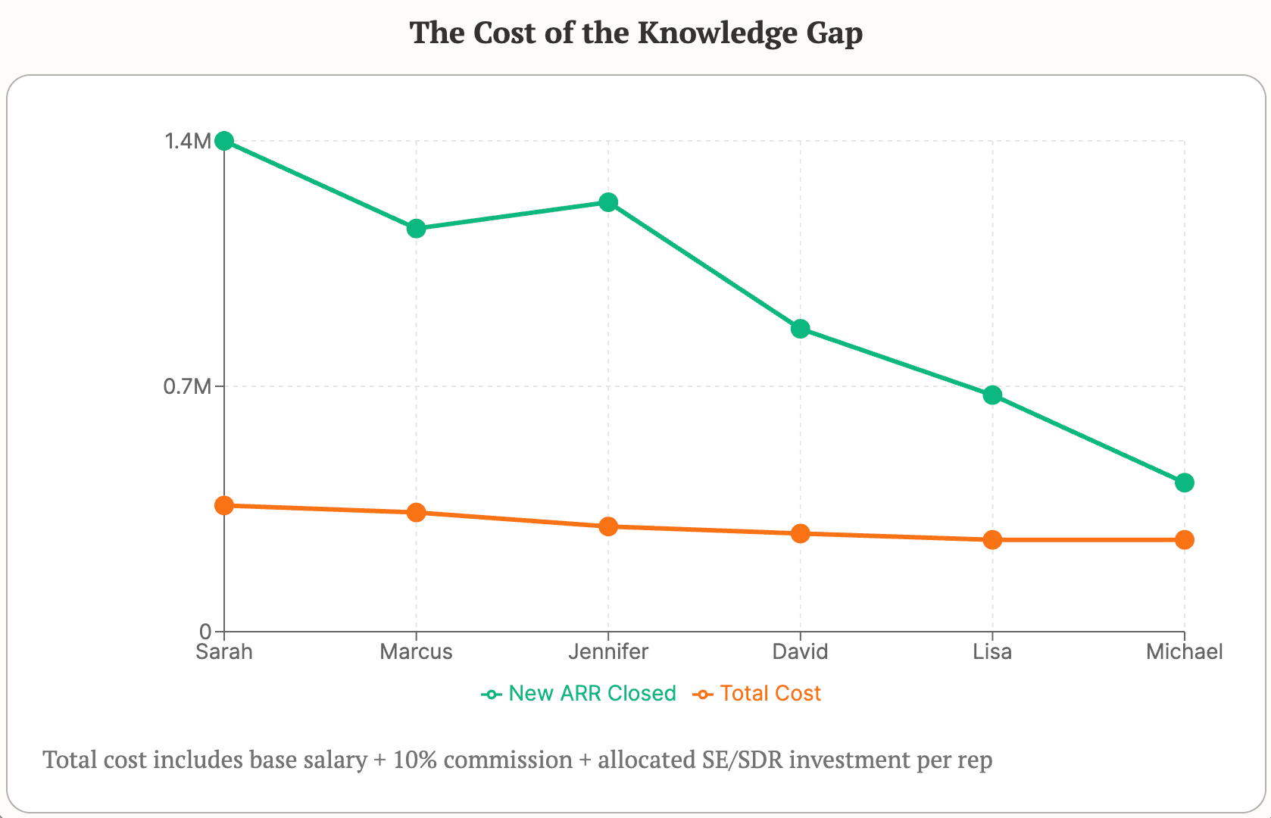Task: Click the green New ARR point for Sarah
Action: pyautogui.click(x=224, y=141)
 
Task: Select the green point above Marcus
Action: pyautogui.click(x=416, y=229)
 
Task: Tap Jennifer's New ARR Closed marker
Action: pyautogui.click(x=608, y=202)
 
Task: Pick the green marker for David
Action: pyautogui.click(x=801, y=329)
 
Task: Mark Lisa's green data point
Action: pyautogui.click(x=992, y=395)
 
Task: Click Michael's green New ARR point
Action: pyautogui.click(x=1185, y=482)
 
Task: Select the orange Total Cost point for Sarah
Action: pyautogui.click(x=224, y=505)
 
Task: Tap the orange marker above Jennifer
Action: pyautogui.click(x=608, y=526)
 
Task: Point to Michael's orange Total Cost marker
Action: pyautogui.click(x=1185, y=540)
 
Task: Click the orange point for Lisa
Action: pyautogui.click(x=992, y=540)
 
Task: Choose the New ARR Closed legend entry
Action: pyautogui.click(x=579, y=694)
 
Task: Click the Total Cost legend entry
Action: pyautogui.click(x=757, y=694)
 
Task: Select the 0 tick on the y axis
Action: pyautogui.click(x=205, y=632)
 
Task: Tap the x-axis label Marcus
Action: pyautogui.click(x=416, y=652)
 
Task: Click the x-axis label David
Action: pyautogui.click(x=801, y=652)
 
